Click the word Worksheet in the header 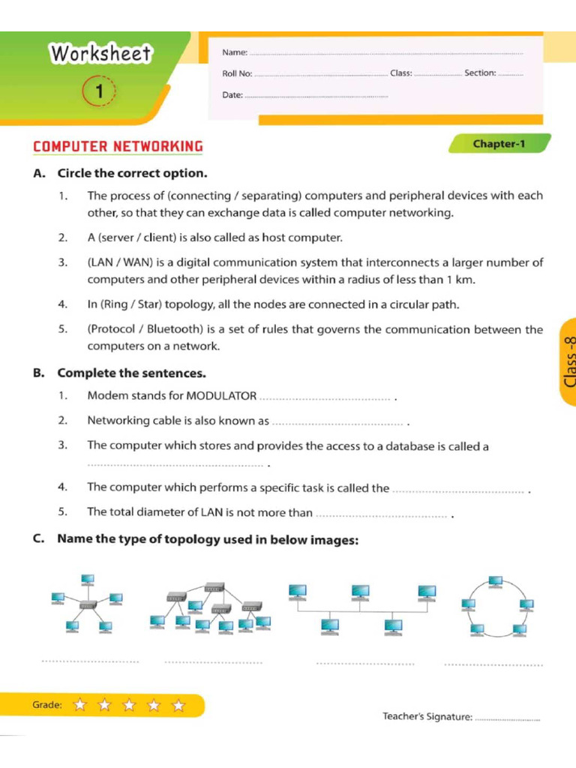click(100, 54)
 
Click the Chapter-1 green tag click(499, 143)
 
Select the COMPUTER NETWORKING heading click(118, 146)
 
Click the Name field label click(234, 52)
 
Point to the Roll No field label click(237, 73)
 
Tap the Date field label click(232, 95)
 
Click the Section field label click(480, 73)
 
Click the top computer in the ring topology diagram click(496, 582)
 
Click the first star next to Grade click(80, 705)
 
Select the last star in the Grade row click(178, 705)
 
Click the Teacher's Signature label click(427, 717)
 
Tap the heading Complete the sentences click(131, 373)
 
